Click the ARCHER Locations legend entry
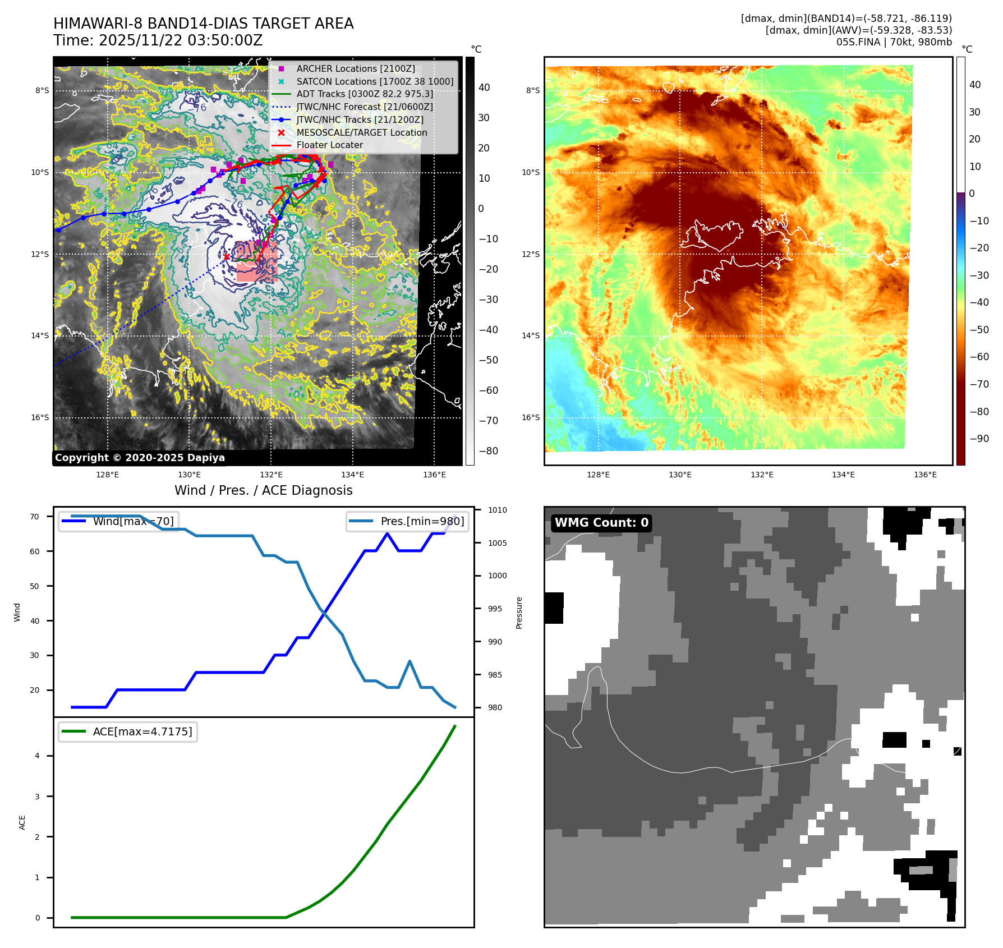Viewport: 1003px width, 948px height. (x=356, y=68)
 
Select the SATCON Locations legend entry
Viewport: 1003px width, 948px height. (x=375, y=81)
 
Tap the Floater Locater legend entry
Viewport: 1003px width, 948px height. (x=329, y=145)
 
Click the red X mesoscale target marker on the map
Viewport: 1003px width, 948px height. (x=227, y=257)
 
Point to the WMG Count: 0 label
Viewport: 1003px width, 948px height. (x=601, y=523)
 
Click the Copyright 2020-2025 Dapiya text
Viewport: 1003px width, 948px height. (x=140, y=458)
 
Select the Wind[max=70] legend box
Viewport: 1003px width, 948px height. (x=119, y=521)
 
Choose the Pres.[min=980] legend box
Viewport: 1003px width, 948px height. (x=407, y=521)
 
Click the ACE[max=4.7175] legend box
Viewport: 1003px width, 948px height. (x=128, y=731)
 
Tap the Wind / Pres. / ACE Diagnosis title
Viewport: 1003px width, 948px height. (x=264, y=490)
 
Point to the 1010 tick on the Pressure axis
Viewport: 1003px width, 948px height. (x=497, y=510)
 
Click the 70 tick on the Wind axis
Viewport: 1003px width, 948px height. (x=35, y=517)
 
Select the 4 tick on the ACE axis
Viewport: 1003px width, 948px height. (x=38, y=756)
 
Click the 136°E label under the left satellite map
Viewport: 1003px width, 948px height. (x=434, y=475)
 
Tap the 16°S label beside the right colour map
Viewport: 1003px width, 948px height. (x=531, y=417)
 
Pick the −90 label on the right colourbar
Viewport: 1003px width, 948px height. (x=979, y=439)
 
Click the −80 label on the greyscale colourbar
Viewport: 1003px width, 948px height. (x=488, y=451)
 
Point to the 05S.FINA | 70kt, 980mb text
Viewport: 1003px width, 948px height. (x=894, y=42)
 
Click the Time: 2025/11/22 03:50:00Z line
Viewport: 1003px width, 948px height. (x=158, y=40)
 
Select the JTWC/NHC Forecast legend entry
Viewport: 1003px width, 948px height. (x=365, y=107)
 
